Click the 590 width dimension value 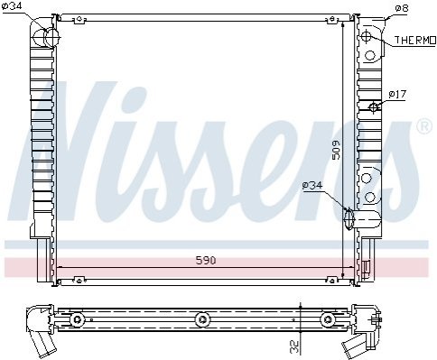206,260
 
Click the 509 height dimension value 336,150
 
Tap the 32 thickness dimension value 295,346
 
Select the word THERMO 415,40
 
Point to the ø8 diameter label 401,8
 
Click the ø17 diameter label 397,95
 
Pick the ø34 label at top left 12,6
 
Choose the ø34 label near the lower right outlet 312,185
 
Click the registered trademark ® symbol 424,126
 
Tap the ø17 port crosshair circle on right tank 374,106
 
